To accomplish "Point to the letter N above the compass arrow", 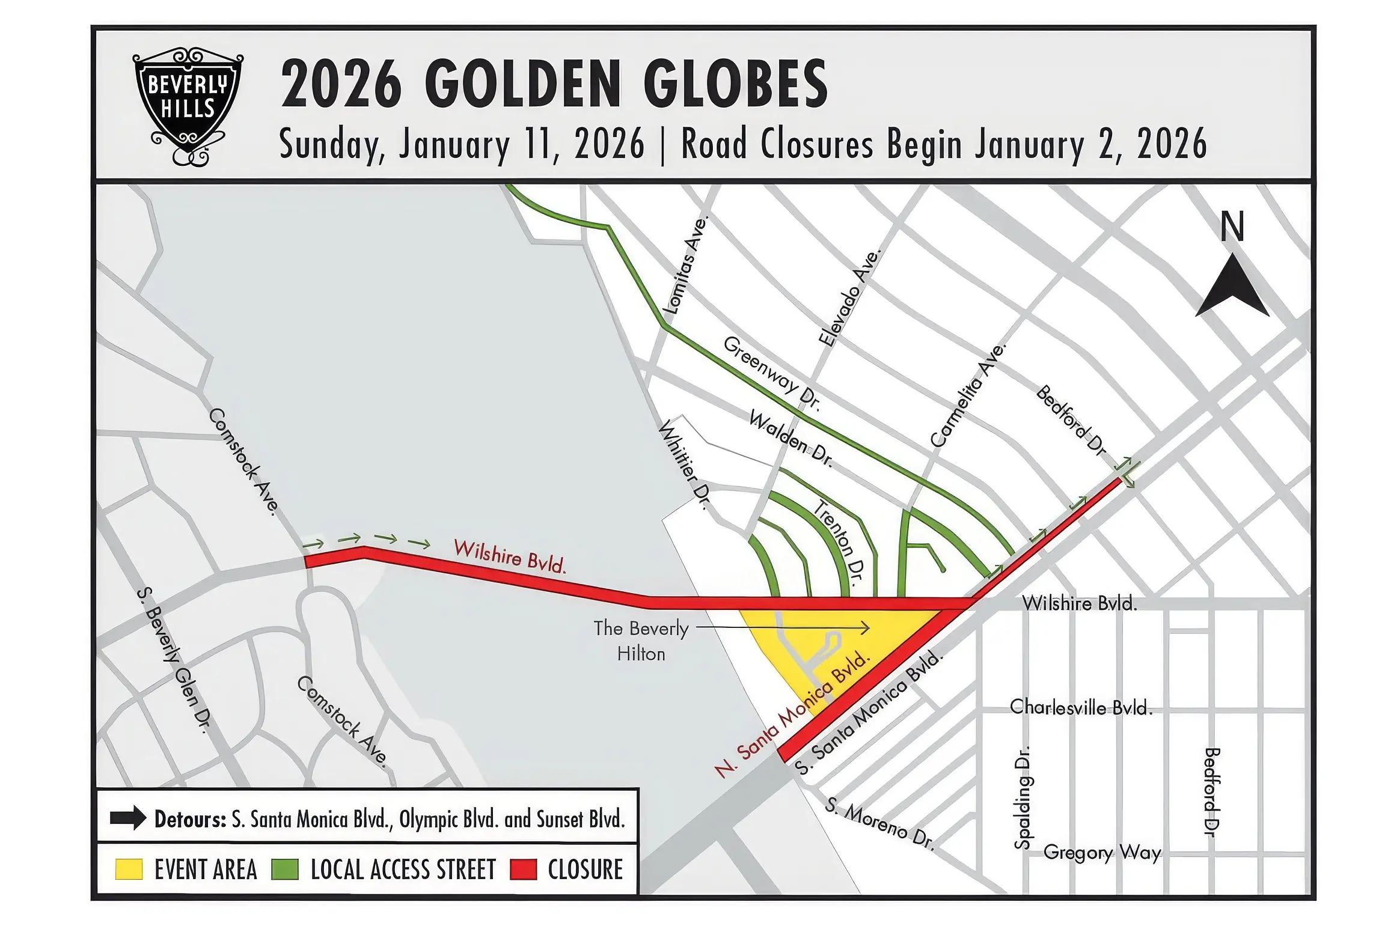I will pyautogui.click(x=1232, y=227).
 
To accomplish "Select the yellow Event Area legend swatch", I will pyautogui.click(x=129, y=870).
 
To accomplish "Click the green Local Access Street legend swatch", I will pyautogui.click(x=285, y=870).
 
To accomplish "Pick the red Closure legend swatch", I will pyautogui.click(x=523, y=870).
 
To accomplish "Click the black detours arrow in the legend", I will pyautogui.click(x=128, y=818).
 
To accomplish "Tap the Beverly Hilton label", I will pyautogui.click(x=641, y=641).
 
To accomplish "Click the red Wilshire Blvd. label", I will pyautogui.click(x=510, y=556).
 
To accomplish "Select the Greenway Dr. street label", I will pyautogui.click(x=772, y=373).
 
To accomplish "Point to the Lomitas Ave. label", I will pyautogui.click(x=686, y=265).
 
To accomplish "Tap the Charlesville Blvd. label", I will pyautogui.click(x=1081, y=707).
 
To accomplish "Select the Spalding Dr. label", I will pyautogui.click(x=1023, y=797).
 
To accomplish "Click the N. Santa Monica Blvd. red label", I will pyautogui.click(x=792, y=714).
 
